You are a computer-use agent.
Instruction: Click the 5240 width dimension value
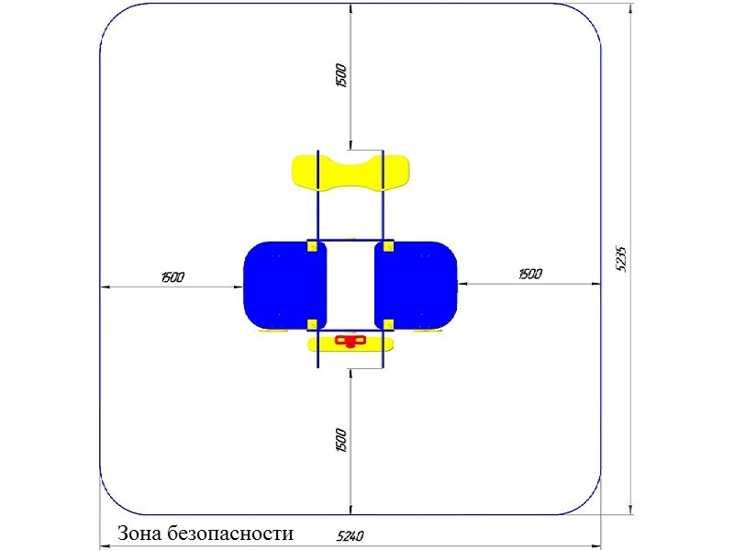pyautogui.click(x=350, y=535)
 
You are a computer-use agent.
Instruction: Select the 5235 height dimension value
pyautogui.click(x=621, y=258)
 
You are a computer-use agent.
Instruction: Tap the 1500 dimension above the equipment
pyautogui.click(x=341, y=75)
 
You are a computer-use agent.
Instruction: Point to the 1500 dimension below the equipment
pyautogui.click(x=341, y=440)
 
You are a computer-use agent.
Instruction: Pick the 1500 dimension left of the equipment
pyautogui.click(x=172, y=277)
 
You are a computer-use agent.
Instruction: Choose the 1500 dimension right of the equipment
pyautogui.click(x=530, y=274)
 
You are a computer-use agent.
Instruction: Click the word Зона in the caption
pyautogui.click(x=135, y=534)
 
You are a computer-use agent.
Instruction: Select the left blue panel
pyautogui.click(x=284, y=286)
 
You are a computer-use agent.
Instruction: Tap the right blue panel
pyautogui.click(x=416, y=285)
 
